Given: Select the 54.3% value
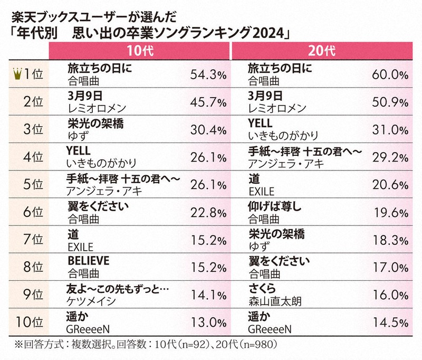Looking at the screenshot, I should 207,75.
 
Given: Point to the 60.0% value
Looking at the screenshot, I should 388,75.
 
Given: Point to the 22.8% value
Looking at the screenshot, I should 207,213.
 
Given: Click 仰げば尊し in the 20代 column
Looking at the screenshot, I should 274,206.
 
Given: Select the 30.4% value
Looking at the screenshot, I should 207,130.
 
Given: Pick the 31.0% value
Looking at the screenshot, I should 388,130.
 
